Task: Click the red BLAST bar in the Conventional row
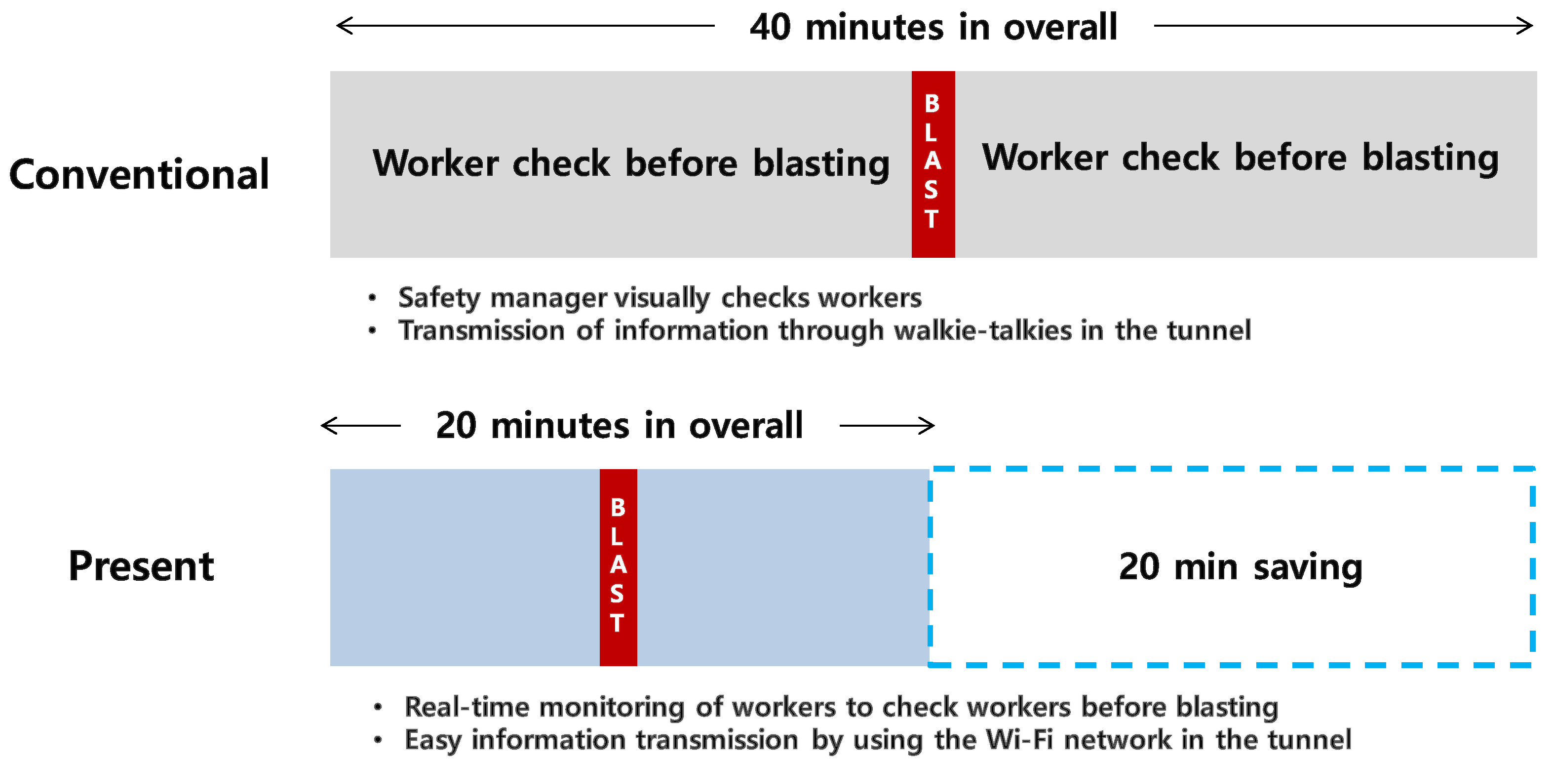click(x=932, y=164)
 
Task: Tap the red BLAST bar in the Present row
click(x=618, y=567)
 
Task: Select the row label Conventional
click(x=139, y=174)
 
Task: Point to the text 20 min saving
click(x=1241, y=567)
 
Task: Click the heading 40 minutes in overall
click(x=933, y=27)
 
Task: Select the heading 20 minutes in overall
click(x=619, y=426)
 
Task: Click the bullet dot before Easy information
click(x=378, y=739)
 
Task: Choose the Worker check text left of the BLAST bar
click(x=630, y=163)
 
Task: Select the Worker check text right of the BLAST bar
click(x=1241, y=158)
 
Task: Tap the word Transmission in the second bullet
click(x=482, y=331)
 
